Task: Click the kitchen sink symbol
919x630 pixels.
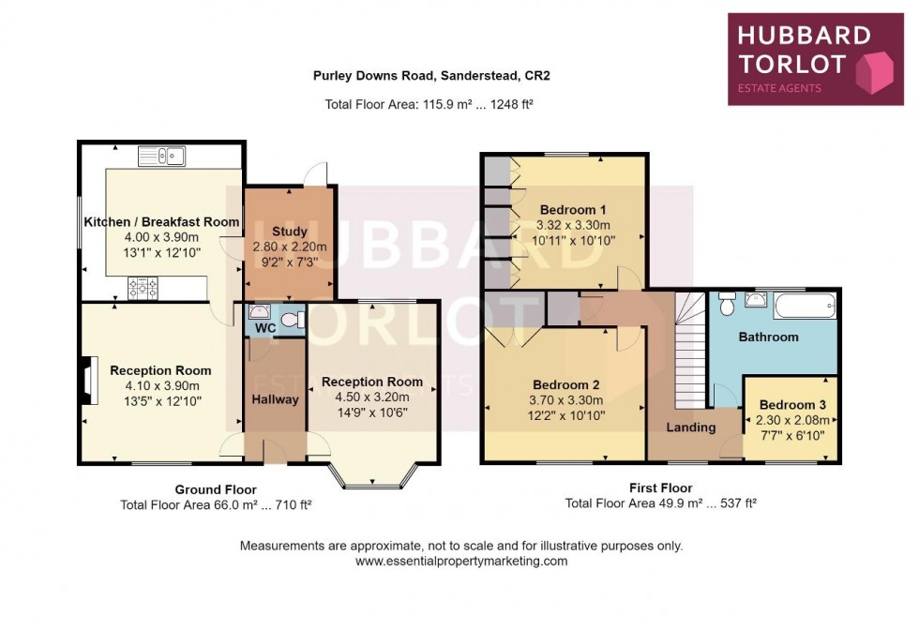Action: (161, 157)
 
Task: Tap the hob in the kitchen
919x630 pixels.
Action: (143, 288)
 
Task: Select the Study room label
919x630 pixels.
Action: (290, 232)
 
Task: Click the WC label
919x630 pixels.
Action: (265, 328)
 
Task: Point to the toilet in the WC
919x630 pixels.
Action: (293, 320)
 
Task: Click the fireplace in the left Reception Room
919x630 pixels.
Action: (90, 381)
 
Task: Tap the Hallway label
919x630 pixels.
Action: (276, 399)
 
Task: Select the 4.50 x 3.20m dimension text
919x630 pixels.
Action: (372, 397)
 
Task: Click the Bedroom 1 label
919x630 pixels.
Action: (573, 210)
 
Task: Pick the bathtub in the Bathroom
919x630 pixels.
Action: (805, 306)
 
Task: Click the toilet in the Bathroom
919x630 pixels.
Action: (727, 304)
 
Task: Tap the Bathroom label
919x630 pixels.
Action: (768, 337)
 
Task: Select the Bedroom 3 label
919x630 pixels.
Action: (792, 405)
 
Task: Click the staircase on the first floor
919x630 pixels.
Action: (690, 351)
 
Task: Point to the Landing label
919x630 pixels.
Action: (691, 427)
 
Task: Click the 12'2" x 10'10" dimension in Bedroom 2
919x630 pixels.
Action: (566, 415)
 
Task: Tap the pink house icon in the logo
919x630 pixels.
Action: (874, 72)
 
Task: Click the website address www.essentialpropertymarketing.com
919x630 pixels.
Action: (461, 561)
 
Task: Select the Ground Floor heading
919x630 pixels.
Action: (216, 489)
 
